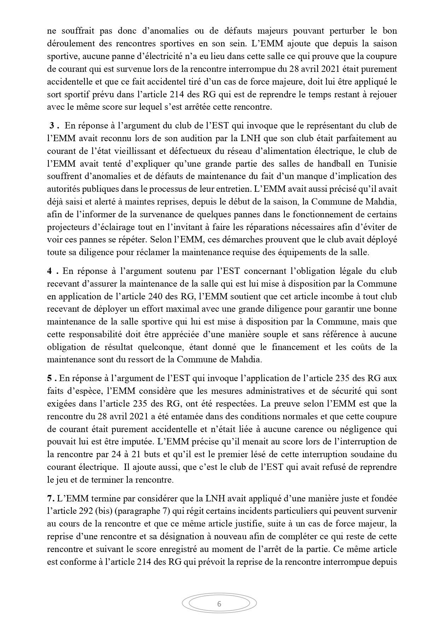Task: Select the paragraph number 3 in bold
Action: point(51,126)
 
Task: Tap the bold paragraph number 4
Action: point(50,271)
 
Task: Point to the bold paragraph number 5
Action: point(50,378)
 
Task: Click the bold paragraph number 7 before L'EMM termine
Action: point(50,499)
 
